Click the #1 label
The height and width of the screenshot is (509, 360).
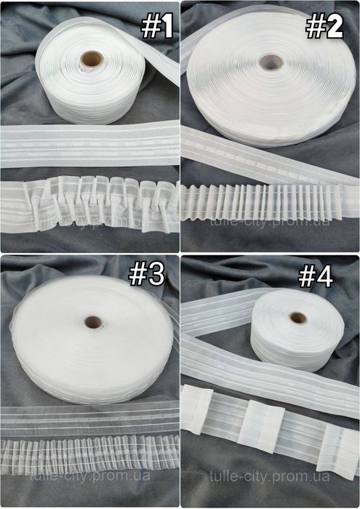(157, 28)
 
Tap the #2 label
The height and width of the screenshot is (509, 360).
(324, 28)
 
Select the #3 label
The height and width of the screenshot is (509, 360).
(147, 275)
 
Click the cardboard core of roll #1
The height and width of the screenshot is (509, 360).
(92, 60)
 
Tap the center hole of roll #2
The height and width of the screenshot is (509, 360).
(271, 63)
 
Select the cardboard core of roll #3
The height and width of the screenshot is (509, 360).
(94, 322)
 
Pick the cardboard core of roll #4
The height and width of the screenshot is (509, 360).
(298, 318)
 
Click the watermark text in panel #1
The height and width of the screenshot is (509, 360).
(89, 222)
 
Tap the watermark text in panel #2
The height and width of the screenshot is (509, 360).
(269, 222)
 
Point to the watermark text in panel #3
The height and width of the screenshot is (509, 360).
(89, 476)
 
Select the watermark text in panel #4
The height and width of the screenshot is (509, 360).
(269, 476)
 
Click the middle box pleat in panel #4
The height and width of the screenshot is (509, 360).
(262, 421)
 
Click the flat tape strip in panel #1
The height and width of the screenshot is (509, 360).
(90, 145)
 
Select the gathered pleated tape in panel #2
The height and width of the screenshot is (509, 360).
(269, 203)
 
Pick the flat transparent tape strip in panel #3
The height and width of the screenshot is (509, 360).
(90, 419)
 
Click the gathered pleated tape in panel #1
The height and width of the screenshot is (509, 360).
(90, 204)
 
